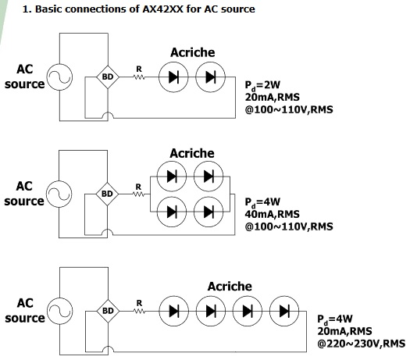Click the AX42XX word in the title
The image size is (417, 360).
point(162,9)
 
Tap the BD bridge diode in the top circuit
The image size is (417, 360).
point(108,77)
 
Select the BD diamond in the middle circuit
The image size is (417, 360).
point(107,194)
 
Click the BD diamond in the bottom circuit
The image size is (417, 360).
point(108,311)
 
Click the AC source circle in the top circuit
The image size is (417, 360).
point(59,64)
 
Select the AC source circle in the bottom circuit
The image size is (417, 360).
point(60,298)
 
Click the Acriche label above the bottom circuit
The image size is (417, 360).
point(230,287)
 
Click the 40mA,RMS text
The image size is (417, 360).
point(272,214)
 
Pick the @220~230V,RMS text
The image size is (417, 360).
point(361,344)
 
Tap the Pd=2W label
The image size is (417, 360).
point(262,85)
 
